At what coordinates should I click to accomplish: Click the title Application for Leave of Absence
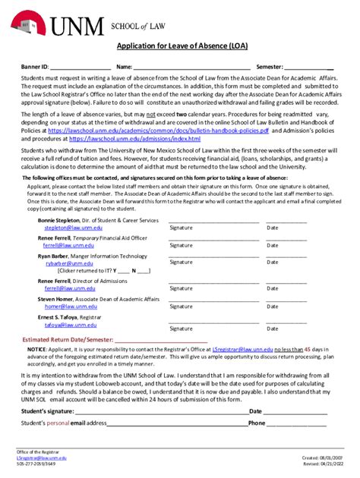(179, 46)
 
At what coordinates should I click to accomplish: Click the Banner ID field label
(35, 67)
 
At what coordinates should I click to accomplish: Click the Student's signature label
(48, 410)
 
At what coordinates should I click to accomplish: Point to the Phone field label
(257, 423)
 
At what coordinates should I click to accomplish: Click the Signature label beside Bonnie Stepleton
(181, 227)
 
